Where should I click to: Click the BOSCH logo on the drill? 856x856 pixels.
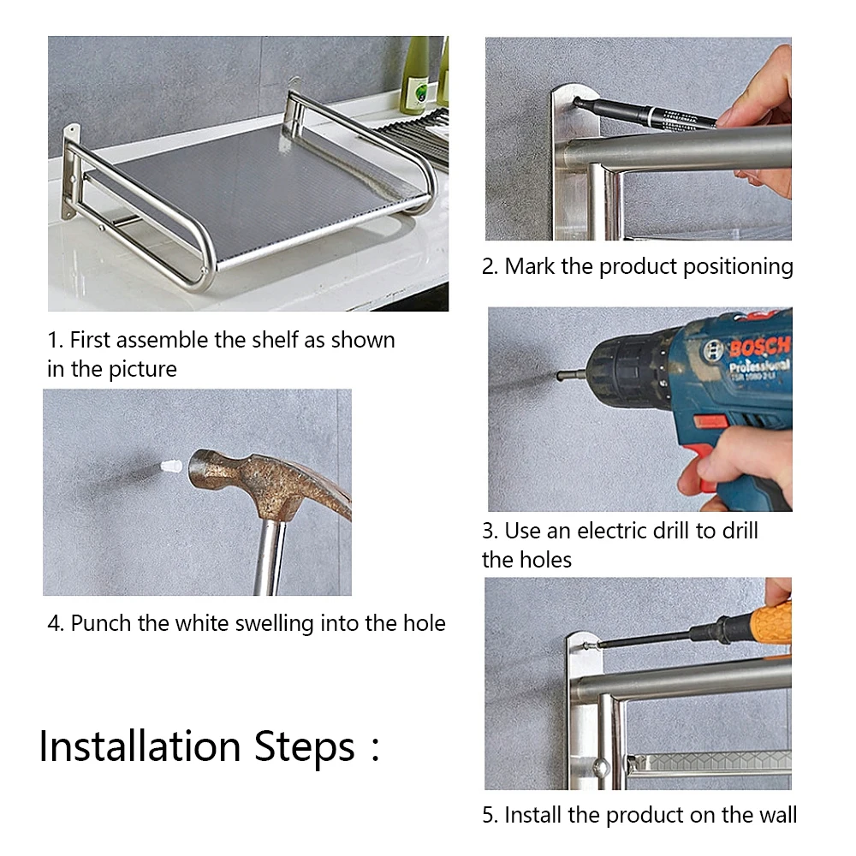click(x=758, y=346)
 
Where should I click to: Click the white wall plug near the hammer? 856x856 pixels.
click(x=171, y=467)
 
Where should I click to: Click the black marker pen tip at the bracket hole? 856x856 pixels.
click(x=578, y=102)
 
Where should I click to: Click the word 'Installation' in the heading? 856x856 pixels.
click(x=140, y=746)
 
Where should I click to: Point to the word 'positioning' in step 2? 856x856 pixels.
click(x=738, y=267)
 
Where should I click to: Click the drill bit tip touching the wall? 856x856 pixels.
click(x=558, y=376)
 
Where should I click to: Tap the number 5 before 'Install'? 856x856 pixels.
click(x=488, y=815)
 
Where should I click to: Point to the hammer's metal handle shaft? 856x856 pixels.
click(x=270, y=557)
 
